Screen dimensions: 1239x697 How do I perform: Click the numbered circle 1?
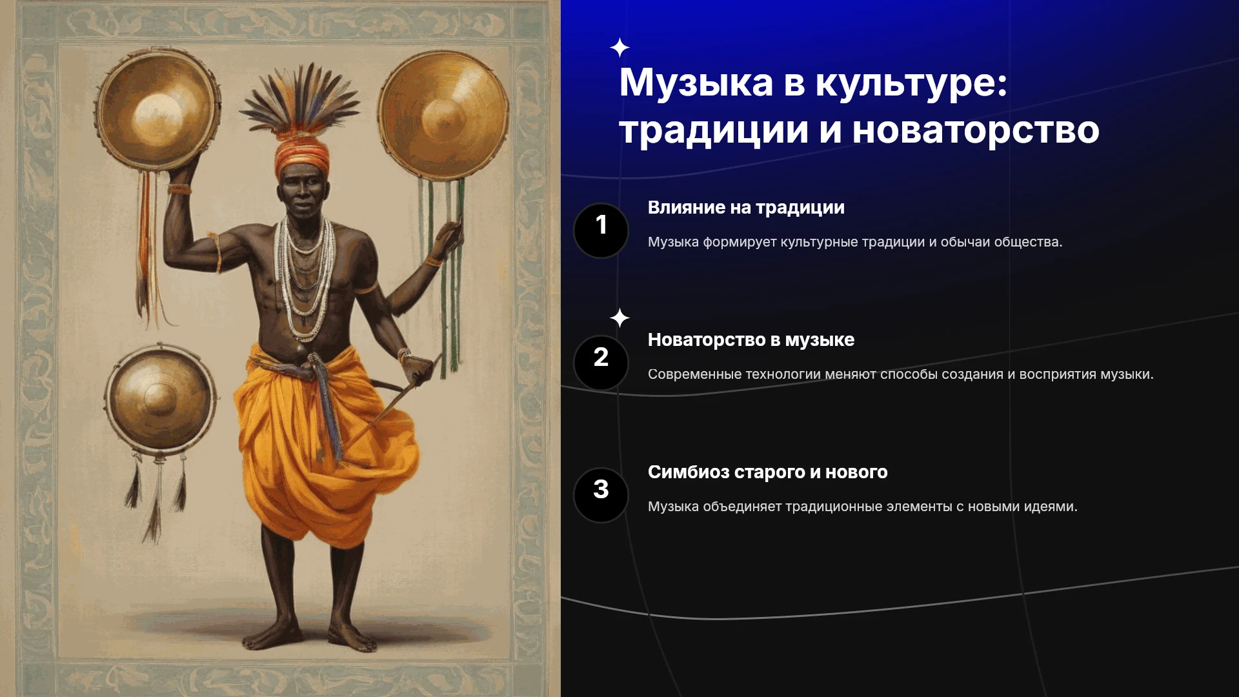[x=601, y=230]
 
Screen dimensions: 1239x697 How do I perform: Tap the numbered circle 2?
[x=601, y=363]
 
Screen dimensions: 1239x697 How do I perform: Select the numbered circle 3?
[x=601, y=495]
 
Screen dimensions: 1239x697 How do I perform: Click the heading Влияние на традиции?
[x=746, y=208]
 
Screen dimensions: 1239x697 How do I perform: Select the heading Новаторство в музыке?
[x=751, y=340]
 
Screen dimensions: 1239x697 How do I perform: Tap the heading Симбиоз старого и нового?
[x=768, y=472]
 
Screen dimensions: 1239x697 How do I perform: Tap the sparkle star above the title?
[x=619, y=48]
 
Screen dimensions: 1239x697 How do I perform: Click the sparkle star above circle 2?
[x=619, y=318]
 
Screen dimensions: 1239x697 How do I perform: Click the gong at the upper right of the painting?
[x=443, y=115]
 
